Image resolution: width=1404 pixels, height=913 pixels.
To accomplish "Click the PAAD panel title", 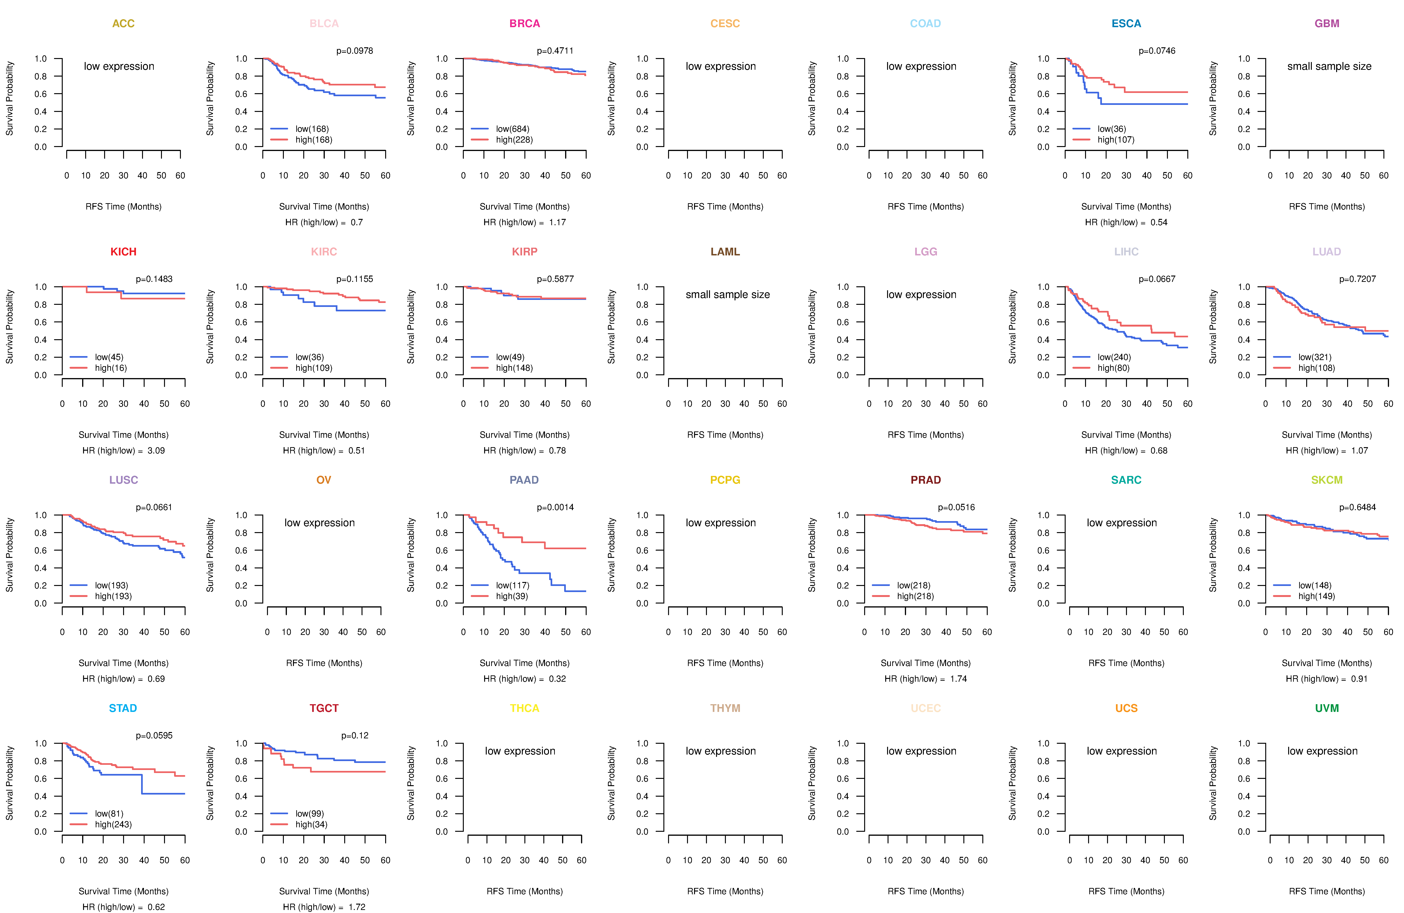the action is coord(524,480).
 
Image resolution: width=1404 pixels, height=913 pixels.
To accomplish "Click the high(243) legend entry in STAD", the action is coord(113,825).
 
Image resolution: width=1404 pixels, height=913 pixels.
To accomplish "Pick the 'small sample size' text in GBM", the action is coord(1329,66).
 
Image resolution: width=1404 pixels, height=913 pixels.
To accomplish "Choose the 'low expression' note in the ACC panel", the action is coord(119,66).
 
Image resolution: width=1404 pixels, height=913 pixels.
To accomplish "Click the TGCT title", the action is coord(324,708).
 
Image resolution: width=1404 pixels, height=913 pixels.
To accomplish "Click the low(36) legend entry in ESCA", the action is coord(1111,129).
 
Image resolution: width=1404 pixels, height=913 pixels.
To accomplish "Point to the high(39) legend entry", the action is coord(512,596).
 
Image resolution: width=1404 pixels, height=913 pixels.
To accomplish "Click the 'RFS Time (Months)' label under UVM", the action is coord(1327,891).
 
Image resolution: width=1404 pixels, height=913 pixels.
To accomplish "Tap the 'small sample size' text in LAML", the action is coord(727,295).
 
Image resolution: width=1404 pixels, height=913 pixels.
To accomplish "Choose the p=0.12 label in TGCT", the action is coord(355,735).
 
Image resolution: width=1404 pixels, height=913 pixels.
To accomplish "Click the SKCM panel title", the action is coord(1327,480).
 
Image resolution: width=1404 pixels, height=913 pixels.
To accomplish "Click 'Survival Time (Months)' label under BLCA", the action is coord(324,206).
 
